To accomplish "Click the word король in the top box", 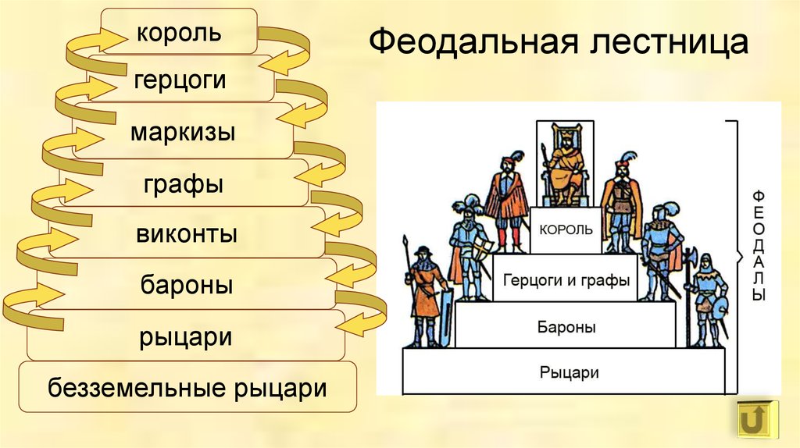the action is click(x=179, y=33).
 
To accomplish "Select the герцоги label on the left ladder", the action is click(x=180, y=80).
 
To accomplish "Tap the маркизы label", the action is click(x=183, y=132).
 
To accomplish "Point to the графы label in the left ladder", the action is click(x=183, y=184).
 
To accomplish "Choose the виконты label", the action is click(x=187, y=234).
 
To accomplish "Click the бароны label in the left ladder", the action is click(x=187, y=284).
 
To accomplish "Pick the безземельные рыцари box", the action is click(x=187, y=387).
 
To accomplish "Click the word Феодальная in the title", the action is click(x=474, y=42).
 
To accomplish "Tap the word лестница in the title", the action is click(x=670, y=43).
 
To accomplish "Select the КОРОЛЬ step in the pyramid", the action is click(x=566, y=230).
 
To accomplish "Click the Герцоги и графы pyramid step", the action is click(x=566, y=278).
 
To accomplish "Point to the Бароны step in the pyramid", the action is click(x=566, y=325).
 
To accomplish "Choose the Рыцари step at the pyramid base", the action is click(x=564, y=372).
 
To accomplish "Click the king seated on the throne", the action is click(x=566, y=163).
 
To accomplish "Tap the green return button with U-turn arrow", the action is click(x=759, y=419).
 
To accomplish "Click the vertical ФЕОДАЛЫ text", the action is click(x=759, y=246).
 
